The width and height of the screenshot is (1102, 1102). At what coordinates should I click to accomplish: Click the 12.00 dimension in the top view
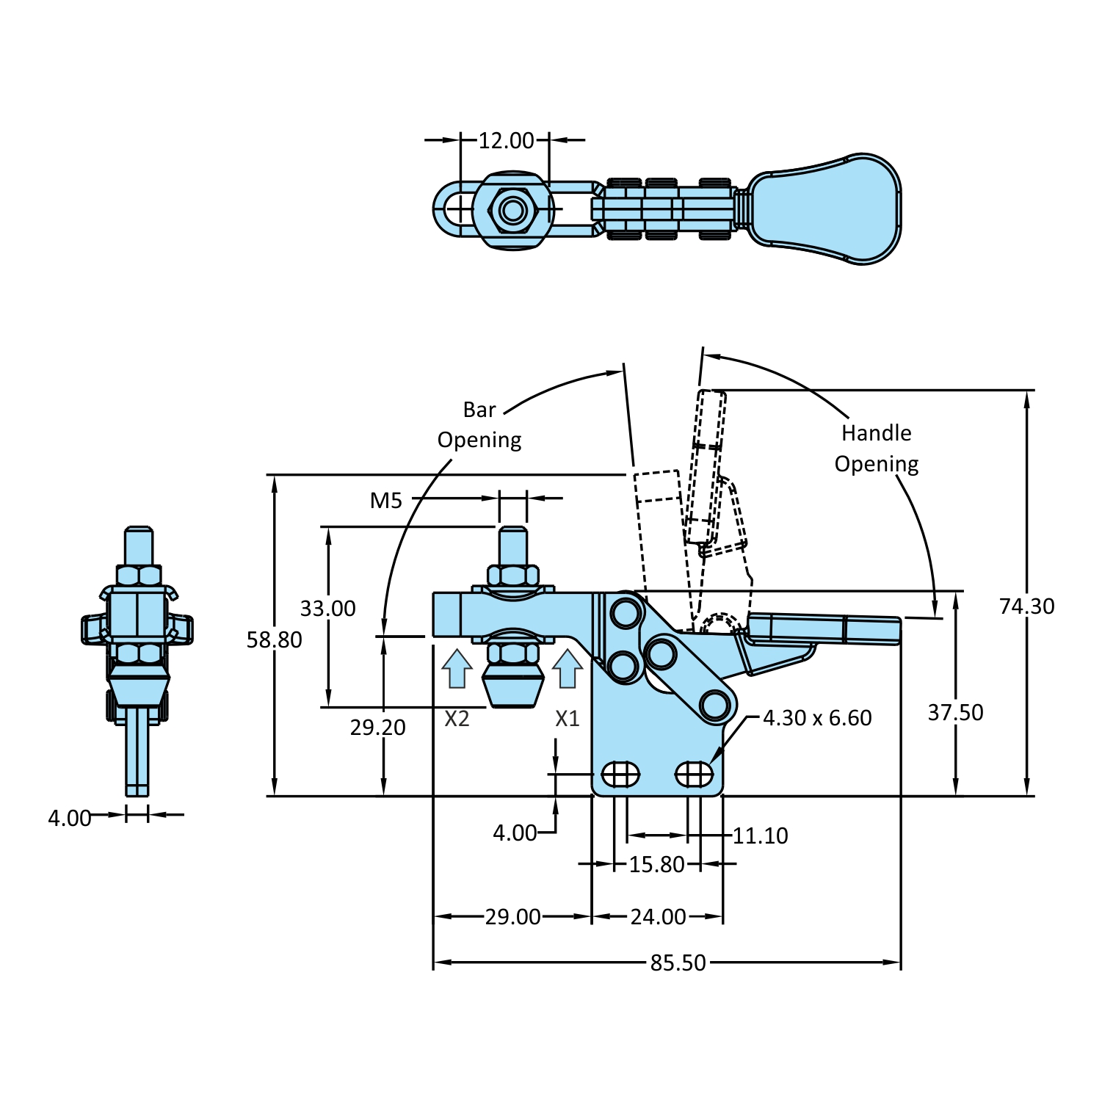tap(506, 140)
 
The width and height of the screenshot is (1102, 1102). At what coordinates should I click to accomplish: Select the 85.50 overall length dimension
tap(677, 963)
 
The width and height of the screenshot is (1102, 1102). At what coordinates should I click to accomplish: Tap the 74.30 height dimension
tap(1026, 606)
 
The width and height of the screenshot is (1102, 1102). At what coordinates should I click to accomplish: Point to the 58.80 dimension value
tap(274, 640)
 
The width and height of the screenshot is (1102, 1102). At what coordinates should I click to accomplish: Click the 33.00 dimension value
tap(327, 609)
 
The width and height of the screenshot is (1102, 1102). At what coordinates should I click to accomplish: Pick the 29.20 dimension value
tap(377, 728)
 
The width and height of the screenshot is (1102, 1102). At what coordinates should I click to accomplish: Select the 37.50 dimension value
tap(955, 713)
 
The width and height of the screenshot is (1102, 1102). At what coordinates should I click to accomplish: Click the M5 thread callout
tap(386, 501)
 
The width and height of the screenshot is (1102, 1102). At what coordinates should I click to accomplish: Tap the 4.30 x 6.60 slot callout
tap(817, 718)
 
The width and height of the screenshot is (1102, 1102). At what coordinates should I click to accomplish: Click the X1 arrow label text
tap(568, 719)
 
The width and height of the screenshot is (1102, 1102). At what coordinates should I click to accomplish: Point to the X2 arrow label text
tap(457, 719)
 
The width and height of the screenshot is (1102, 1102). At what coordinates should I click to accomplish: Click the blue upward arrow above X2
tap(457, 669)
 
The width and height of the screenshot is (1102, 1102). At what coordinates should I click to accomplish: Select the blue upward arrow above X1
tap(568, 669)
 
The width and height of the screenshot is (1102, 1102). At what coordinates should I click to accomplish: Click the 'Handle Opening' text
tap(877, 449)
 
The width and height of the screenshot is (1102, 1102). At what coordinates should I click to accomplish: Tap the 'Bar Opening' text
tap(479, 424)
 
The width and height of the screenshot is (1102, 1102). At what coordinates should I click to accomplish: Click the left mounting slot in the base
tap(620, 774)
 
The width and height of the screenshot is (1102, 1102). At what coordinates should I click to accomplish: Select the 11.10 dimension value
tap(760, 835)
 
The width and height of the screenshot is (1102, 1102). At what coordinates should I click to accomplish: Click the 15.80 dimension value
tap(656, 865)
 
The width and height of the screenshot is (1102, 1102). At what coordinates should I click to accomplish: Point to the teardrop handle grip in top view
tap(826, 209)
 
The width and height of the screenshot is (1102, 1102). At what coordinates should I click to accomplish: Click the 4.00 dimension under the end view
tap(70, 818)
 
